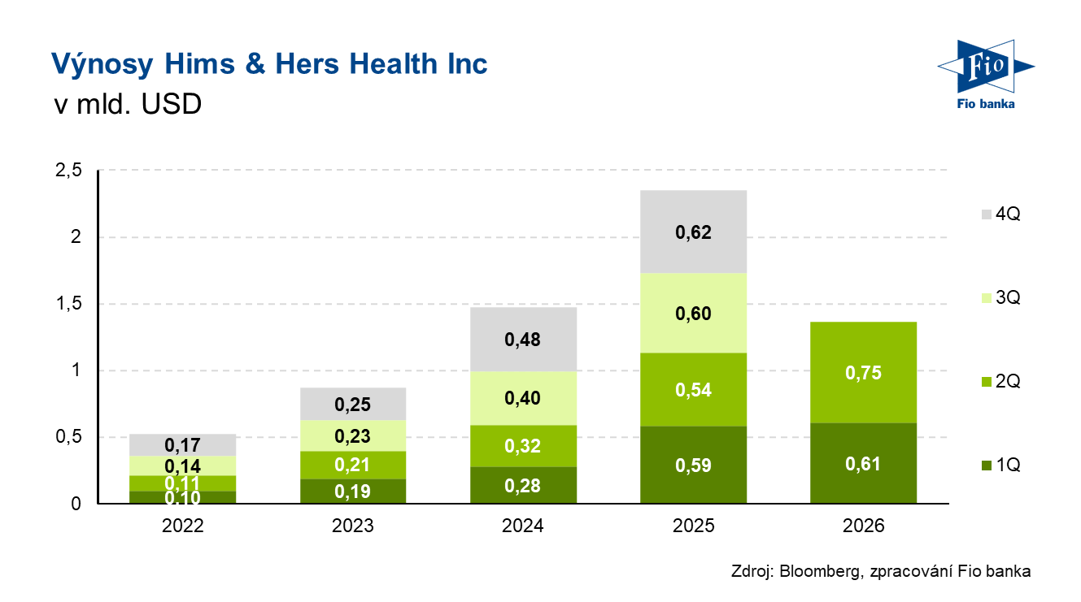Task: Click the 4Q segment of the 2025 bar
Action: pos(694,232)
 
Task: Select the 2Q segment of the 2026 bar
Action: pos(863,373)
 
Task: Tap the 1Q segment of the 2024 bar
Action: pos(524,485)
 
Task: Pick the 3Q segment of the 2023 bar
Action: pos(353,435)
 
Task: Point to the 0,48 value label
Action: pos(523,340)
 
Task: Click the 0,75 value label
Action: pos(863,373)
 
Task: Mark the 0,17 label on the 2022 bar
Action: pos(182,445)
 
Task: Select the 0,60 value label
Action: pos(694,314)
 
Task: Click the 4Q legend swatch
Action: pos(987,214)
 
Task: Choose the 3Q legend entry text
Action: pos(1008,297)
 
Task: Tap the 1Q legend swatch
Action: pos(987,466)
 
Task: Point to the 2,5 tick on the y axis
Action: pos(69,170)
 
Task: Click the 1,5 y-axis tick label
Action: pos(69,303)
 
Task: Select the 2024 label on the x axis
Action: pos(523,526)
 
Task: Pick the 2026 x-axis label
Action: pos(863,526)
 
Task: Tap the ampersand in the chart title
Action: pos(255,63)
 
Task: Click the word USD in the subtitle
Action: pos(172,104)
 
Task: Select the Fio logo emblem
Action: pos(986,67)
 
